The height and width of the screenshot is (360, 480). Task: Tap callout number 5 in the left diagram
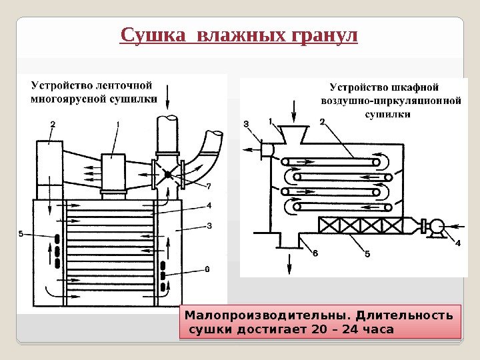coord(21,234)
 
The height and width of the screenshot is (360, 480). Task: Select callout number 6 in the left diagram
coord(207,269)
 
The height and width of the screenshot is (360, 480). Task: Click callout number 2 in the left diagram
coord(52,124)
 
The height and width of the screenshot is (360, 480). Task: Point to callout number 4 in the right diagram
coord(457,243)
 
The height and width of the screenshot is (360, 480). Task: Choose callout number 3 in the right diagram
coord(245,124)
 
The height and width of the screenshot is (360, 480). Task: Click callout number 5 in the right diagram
coord(367,253)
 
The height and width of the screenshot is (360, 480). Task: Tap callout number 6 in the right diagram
coord(315,253)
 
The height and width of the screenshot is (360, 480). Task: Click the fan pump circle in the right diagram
coord(437,227)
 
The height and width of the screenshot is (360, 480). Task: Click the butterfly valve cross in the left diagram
coord(168,175)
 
